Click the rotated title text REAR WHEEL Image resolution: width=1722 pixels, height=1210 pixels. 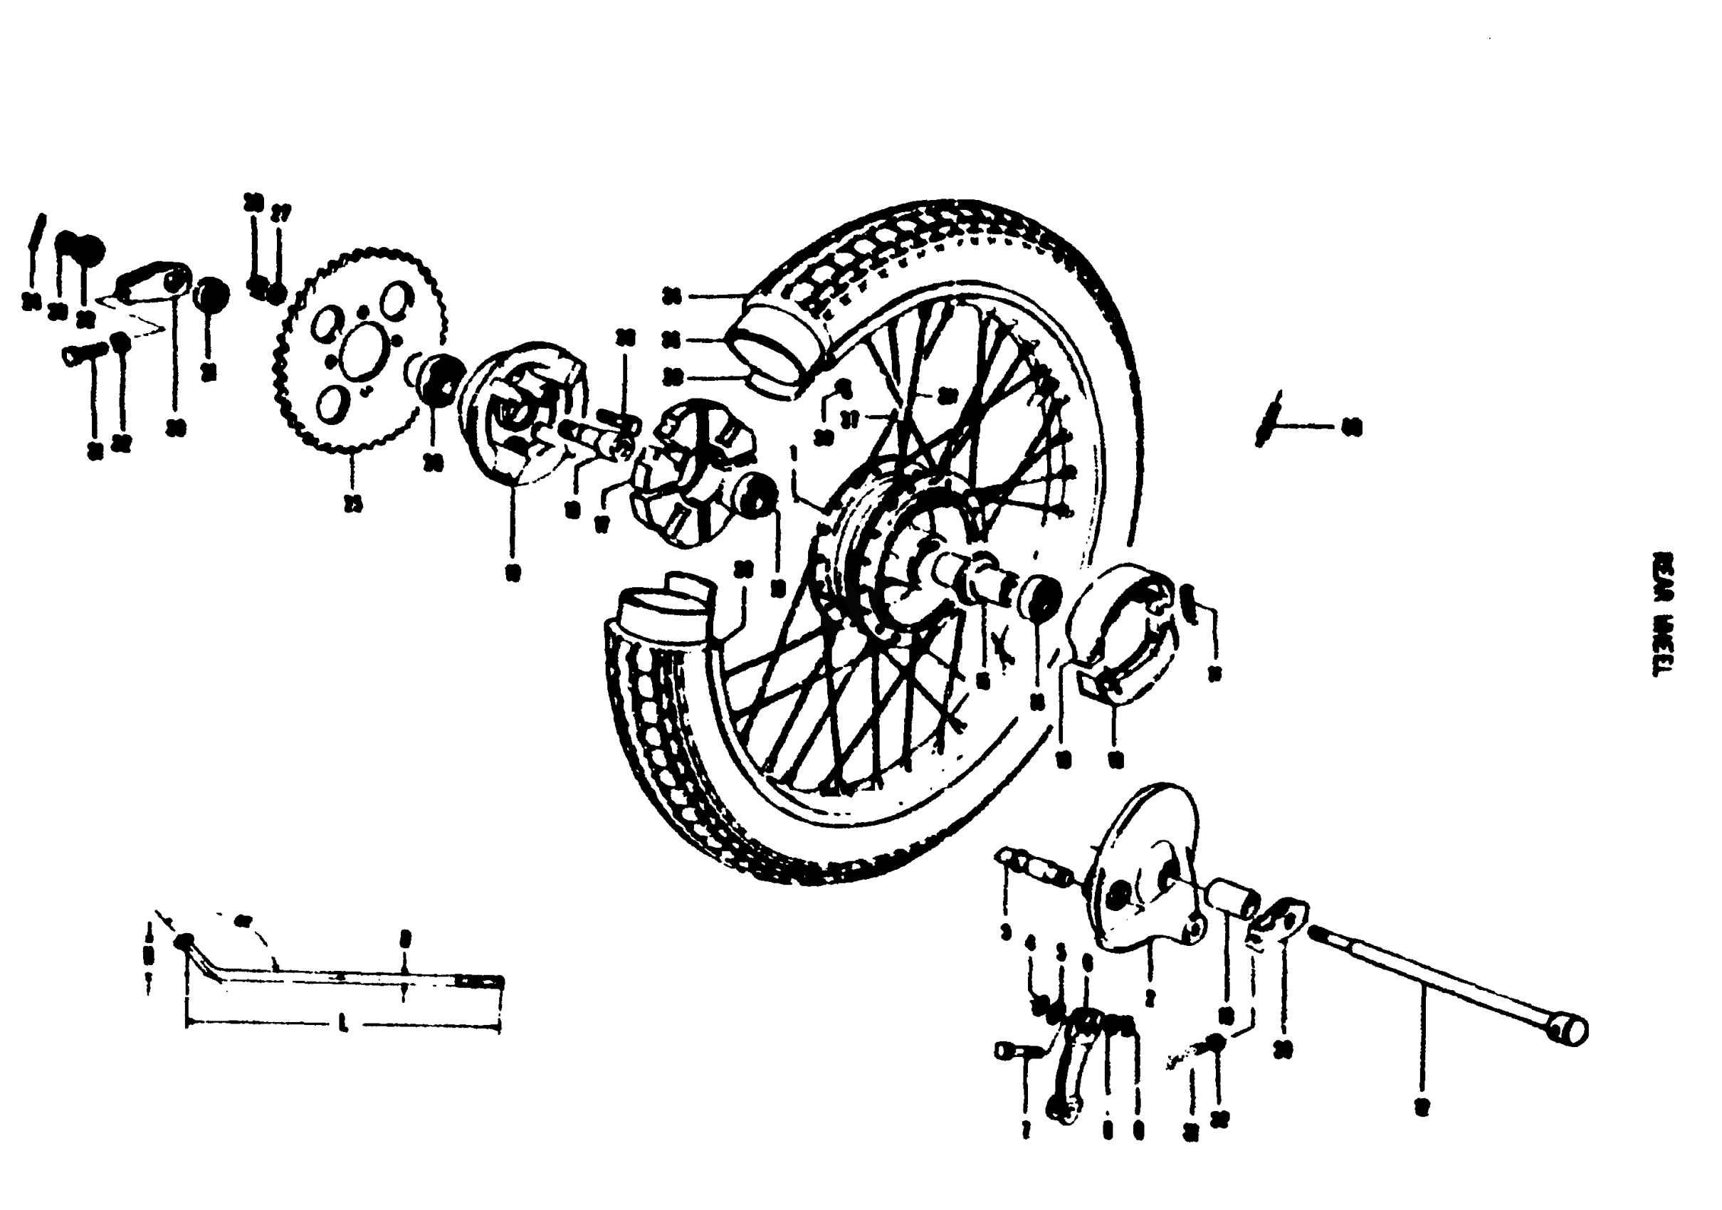click(1664, 614)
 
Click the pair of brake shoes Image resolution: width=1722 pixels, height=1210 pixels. click(1121, 633)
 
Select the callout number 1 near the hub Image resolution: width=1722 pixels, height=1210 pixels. click(794, 455)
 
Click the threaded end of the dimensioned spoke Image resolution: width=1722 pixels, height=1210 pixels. click(480, 982)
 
